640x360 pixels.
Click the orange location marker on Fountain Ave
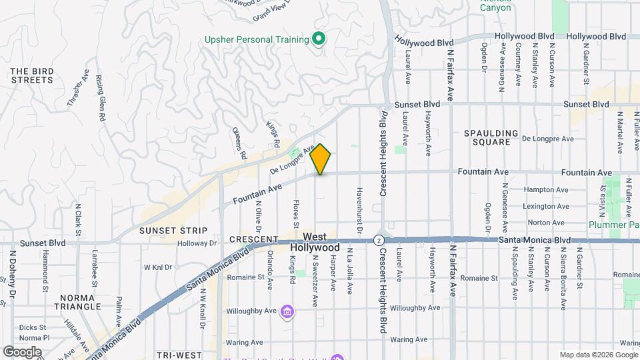pyautogui.click(x=321, y=159)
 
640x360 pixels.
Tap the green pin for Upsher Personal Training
pyautogui.click(x=319, y=39)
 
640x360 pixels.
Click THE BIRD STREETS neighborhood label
pyautogui.click(x=31, y=75)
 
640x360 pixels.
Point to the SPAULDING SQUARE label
pyautogui.click(x=491, y=137)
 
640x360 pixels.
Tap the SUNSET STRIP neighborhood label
pyautogui.click(x=166, y=231)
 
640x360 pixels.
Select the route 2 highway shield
pyautogui.click(x=379, y=240)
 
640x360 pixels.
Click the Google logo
pyautogui.click(x=22, y=351)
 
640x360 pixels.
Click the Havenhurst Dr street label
pyautogui.click(x=358, y=209)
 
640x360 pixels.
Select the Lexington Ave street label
pyautogui.click(x=546, y=207)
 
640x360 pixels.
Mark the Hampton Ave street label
pyautogui.click(x=545, y=190)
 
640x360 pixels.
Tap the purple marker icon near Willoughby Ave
pyautogui.click(x=287, y=311)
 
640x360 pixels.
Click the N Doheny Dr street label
pyautogui.click(x=13, y=274)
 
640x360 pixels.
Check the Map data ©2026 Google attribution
pyautogui.click(x=598, y=355)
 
